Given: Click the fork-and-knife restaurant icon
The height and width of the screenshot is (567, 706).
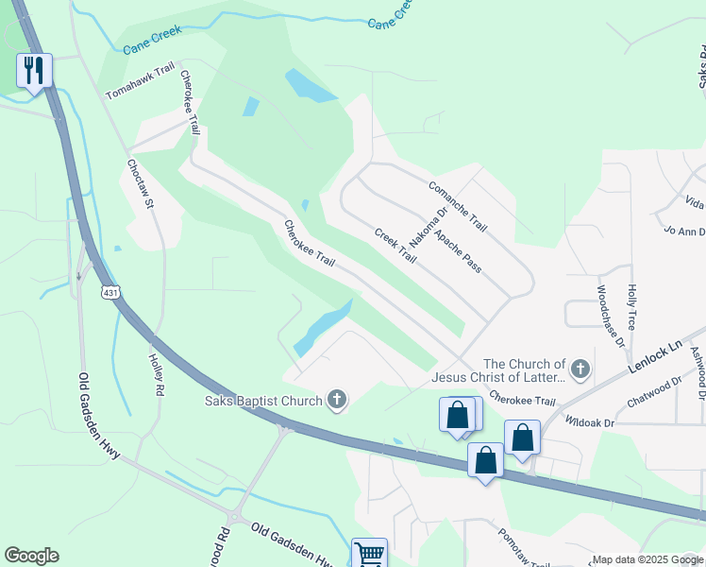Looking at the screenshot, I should (34, 70).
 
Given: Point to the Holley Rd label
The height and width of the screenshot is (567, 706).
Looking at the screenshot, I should (157, 375).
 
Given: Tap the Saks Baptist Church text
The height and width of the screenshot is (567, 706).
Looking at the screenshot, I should (263, 401).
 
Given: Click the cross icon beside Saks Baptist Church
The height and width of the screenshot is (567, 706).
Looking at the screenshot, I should (336, 400).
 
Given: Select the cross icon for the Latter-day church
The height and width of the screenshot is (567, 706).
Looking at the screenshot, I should (580, 370).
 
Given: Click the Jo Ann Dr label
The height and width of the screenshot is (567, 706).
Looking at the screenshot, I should (684, 230).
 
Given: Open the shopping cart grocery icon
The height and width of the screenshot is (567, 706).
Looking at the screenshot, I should (369, 554).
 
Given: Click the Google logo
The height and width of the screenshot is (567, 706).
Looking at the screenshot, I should (31, 556).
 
